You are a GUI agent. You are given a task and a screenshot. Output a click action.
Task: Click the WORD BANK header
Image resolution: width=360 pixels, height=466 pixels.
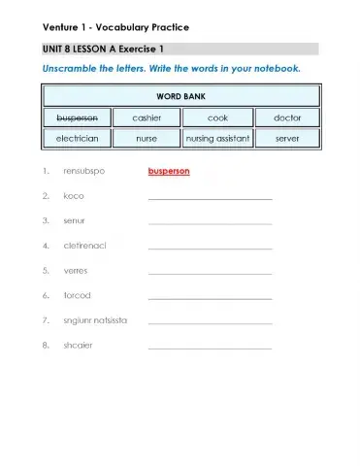[180, 96]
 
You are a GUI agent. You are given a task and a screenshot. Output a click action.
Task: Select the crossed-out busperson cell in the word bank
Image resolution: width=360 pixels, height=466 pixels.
[76, 117]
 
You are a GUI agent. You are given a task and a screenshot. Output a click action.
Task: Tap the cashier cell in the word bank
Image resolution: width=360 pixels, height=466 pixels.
[147, 117]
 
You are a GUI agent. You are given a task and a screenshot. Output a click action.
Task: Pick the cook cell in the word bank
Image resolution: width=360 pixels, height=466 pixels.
[217, 117]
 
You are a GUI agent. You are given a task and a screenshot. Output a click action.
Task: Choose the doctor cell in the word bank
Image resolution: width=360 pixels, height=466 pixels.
[287, 117]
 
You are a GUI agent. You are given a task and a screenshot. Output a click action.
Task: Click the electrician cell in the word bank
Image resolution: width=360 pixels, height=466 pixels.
[76, 138]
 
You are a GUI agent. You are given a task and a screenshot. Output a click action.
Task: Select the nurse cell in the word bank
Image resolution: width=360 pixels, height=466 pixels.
[147, 138]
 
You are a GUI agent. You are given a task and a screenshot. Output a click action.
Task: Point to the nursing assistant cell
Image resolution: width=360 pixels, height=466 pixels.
[217, 138]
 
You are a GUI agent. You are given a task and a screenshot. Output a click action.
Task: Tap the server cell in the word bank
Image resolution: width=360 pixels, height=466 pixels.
[287, 138]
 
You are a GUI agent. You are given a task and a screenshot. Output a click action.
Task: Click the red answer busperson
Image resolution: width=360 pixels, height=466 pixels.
[169, 171]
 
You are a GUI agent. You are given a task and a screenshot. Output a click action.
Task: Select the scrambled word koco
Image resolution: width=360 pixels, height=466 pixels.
[74, 196]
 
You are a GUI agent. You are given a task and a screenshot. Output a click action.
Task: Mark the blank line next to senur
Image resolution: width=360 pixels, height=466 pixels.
[210, 223]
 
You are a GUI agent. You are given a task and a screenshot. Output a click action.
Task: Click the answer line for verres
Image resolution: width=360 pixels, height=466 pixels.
[210, 273]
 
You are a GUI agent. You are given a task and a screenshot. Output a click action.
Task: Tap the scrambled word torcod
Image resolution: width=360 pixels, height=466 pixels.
[77, 295]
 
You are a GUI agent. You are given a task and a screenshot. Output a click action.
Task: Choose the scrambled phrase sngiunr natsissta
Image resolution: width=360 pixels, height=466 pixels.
[95, 319]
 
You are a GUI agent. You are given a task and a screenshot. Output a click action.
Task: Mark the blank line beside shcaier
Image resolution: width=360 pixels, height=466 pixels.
[210, 347]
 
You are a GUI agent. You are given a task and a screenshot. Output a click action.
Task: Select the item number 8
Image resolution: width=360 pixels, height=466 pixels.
[46, 345]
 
